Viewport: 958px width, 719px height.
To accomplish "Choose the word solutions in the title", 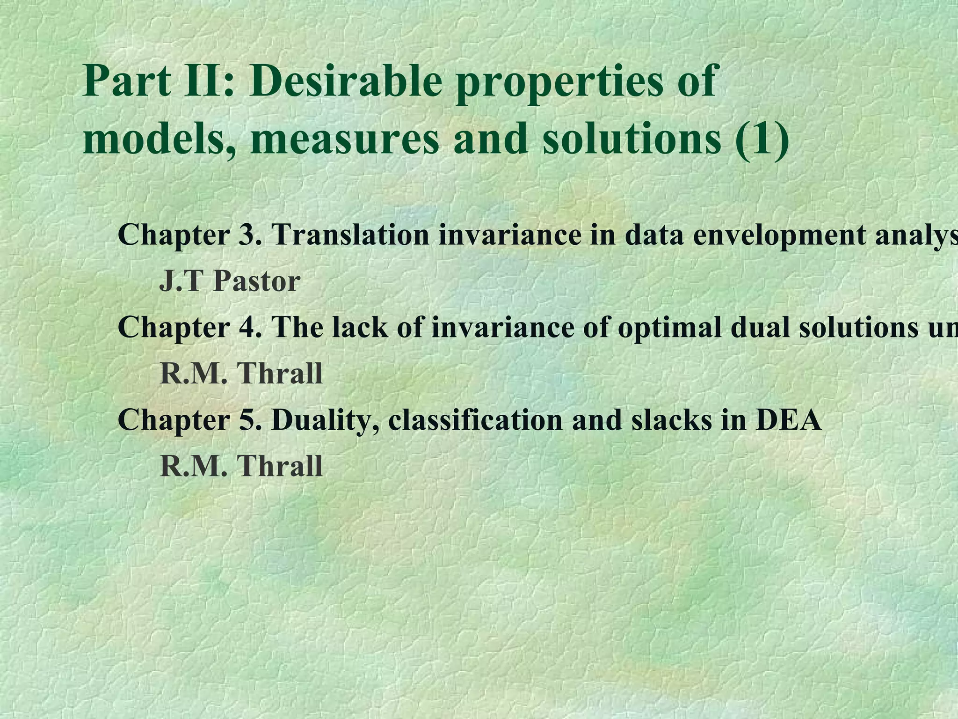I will (631, 139).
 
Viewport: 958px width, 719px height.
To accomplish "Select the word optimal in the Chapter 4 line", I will (664, 327).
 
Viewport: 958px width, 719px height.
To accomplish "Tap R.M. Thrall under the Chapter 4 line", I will (241, 374).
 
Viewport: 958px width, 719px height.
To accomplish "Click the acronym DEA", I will (788, 420).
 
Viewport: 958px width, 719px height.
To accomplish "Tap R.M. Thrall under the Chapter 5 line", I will (241, 466).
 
